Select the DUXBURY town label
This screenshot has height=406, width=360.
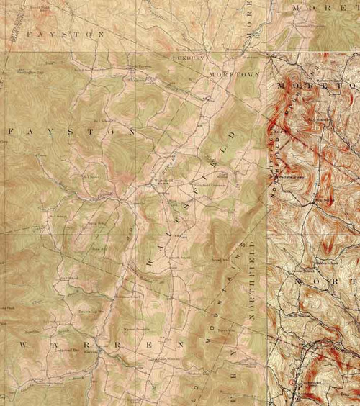click(189, 57)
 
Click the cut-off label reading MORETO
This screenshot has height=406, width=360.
click(317, 86)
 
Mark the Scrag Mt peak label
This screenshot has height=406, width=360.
click(220, 257)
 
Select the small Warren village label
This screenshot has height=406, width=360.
click(90, 353)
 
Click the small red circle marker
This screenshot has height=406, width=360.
click(293, 376)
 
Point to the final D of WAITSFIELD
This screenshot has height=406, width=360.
click(233, 135)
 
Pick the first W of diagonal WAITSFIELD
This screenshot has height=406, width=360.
click(149, 266)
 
